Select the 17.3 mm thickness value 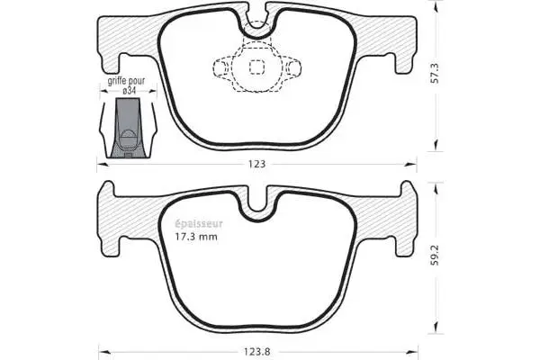195,238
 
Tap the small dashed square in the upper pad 256,66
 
